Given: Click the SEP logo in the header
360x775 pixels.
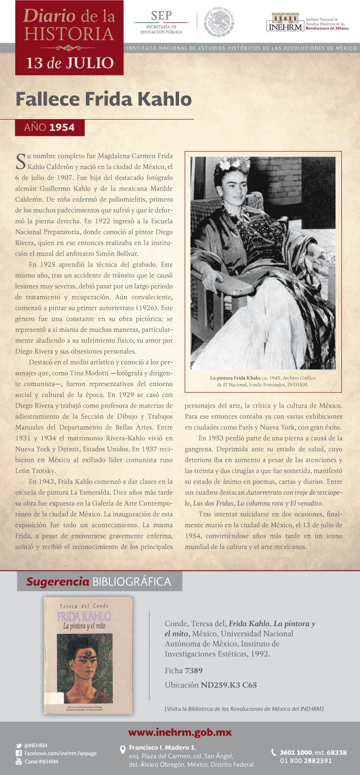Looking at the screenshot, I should pos(161,22).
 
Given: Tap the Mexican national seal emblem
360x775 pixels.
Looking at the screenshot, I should pos(219,22).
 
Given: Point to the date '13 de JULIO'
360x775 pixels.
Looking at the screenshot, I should pos(70,63).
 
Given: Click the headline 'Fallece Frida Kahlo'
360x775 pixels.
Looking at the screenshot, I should pos(104,99).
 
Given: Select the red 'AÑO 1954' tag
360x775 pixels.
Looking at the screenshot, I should pos(49,127).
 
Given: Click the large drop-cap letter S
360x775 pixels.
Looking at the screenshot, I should pos(21,161).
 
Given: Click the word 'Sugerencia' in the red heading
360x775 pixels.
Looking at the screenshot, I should pos(58,581).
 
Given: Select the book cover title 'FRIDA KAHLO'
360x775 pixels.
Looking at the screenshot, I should pos(84,617).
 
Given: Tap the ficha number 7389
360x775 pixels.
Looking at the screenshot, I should pos(193,670).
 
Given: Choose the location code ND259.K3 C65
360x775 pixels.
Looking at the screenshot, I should pos(228,685).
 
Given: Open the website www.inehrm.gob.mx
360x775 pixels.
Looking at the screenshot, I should pos(180,732).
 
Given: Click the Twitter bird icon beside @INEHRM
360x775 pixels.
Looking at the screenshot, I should pos(19,746).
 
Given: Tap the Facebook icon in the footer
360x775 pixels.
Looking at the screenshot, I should pos(19,753).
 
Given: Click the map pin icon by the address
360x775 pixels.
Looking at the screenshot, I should pos(122,749).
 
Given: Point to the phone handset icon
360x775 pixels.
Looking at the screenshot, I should pos(274,752).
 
